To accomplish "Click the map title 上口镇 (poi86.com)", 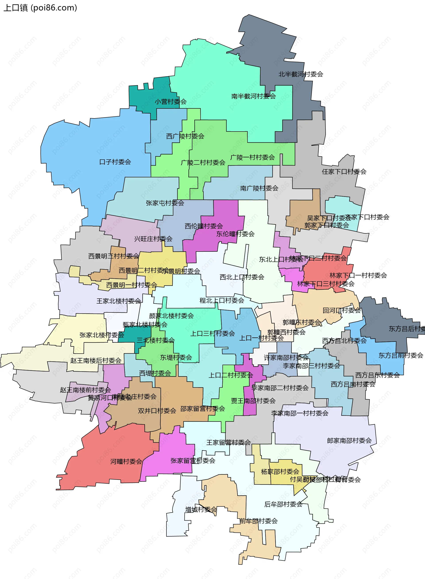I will [40, 8].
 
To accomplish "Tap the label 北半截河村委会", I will [301, 74].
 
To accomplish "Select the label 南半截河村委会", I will [253, 96].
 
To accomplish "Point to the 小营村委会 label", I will [171, 102].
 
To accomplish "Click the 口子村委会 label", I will [115, 162].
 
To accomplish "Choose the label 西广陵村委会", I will [185, 136].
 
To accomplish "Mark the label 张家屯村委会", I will [165, 203].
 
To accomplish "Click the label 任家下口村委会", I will [344, 172].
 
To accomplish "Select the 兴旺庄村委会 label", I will [153, 239].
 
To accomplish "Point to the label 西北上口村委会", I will [242, 277].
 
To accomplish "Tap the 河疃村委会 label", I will [126, 462].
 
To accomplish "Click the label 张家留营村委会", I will [193, 461].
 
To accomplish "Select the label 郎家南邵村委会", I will [349, 441].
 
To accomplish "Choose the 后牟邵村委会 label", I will [283, 504].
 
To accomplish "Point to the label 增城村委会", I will [201, 509].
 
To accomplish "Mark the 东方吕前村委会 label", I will [401, 356].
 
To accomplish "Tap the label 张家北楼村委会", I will [102, 335].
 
